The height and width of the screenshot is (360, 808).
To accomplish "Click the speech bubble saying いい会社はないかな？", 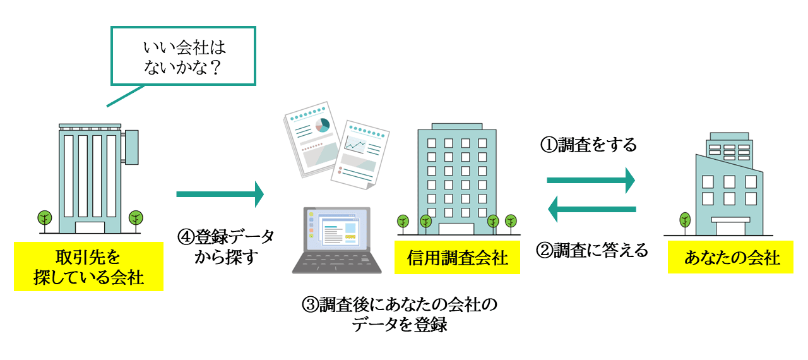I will point(184,55).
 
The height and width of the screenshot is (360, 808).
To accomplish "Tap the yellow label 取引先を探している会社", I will point(88,267).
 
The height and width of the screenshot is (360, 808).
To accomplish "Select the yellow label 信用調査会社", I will point(457,258).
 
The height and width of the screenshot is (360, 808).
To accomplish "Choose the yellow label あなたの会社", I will point(730,258).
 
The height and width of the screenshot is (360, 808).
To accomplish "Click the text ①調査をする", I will point(588,145).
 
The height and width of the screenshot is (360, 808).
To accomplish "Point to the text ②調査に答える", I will point(591,251).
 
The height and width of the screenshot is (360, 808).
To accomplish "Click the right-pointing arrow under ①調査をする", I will point(590,181).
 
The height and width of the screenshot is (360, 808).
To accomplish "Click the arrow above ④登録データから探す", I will point(220,194).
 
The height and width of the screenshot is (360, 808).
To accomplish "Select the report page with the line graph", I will point(360,155).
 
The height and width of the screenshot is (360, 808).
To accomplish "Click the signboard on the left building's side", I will point(131,146).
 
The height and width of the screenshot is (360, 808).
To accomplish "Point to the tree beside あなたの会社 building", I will point(685,221).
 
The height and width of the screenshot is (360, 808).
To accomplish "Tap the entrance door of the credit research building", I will point(460,229).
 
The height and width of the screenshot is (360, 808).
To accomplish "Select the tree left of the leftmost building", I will point(44,219).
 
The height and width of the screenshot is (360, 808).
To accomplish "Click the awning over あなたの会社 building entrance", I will point(730,220).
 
